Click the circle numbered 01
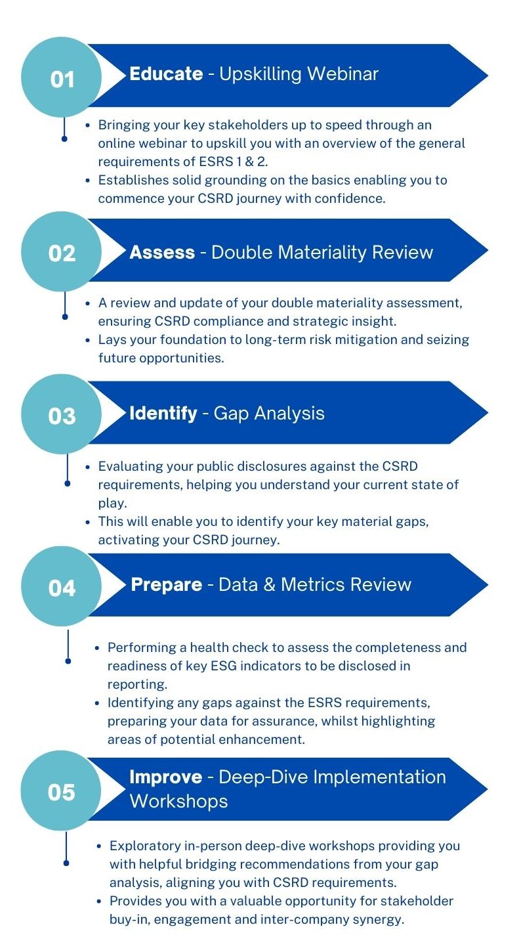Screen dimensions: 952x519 click(x=62, y=79)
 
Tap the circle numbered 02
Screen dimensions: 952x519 click(x=62, y=253)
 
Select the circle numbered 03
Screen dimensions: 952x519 click(x=62, y=416)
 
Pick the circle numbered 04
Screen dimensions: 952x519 click(x=62, y=588)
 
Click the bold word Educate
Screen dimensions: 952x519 click(x=166, y=74)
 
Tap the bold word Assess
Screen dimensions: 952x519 click(x=162, y=252)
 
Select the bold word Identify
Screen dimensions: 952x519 click(x=163, y=413)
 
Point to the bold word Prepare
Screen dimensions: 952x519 click(x=167, y=584)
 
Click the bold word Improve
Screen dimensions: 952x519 click(x=165, y=777)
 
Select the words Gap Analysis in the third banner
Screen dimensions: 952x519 click(x=269, y=413)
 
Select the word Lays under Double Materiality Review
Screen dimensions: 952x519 click(x=112, y=340)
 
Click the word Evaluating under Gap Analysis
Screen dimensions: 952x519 click(x=130, y=467)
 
